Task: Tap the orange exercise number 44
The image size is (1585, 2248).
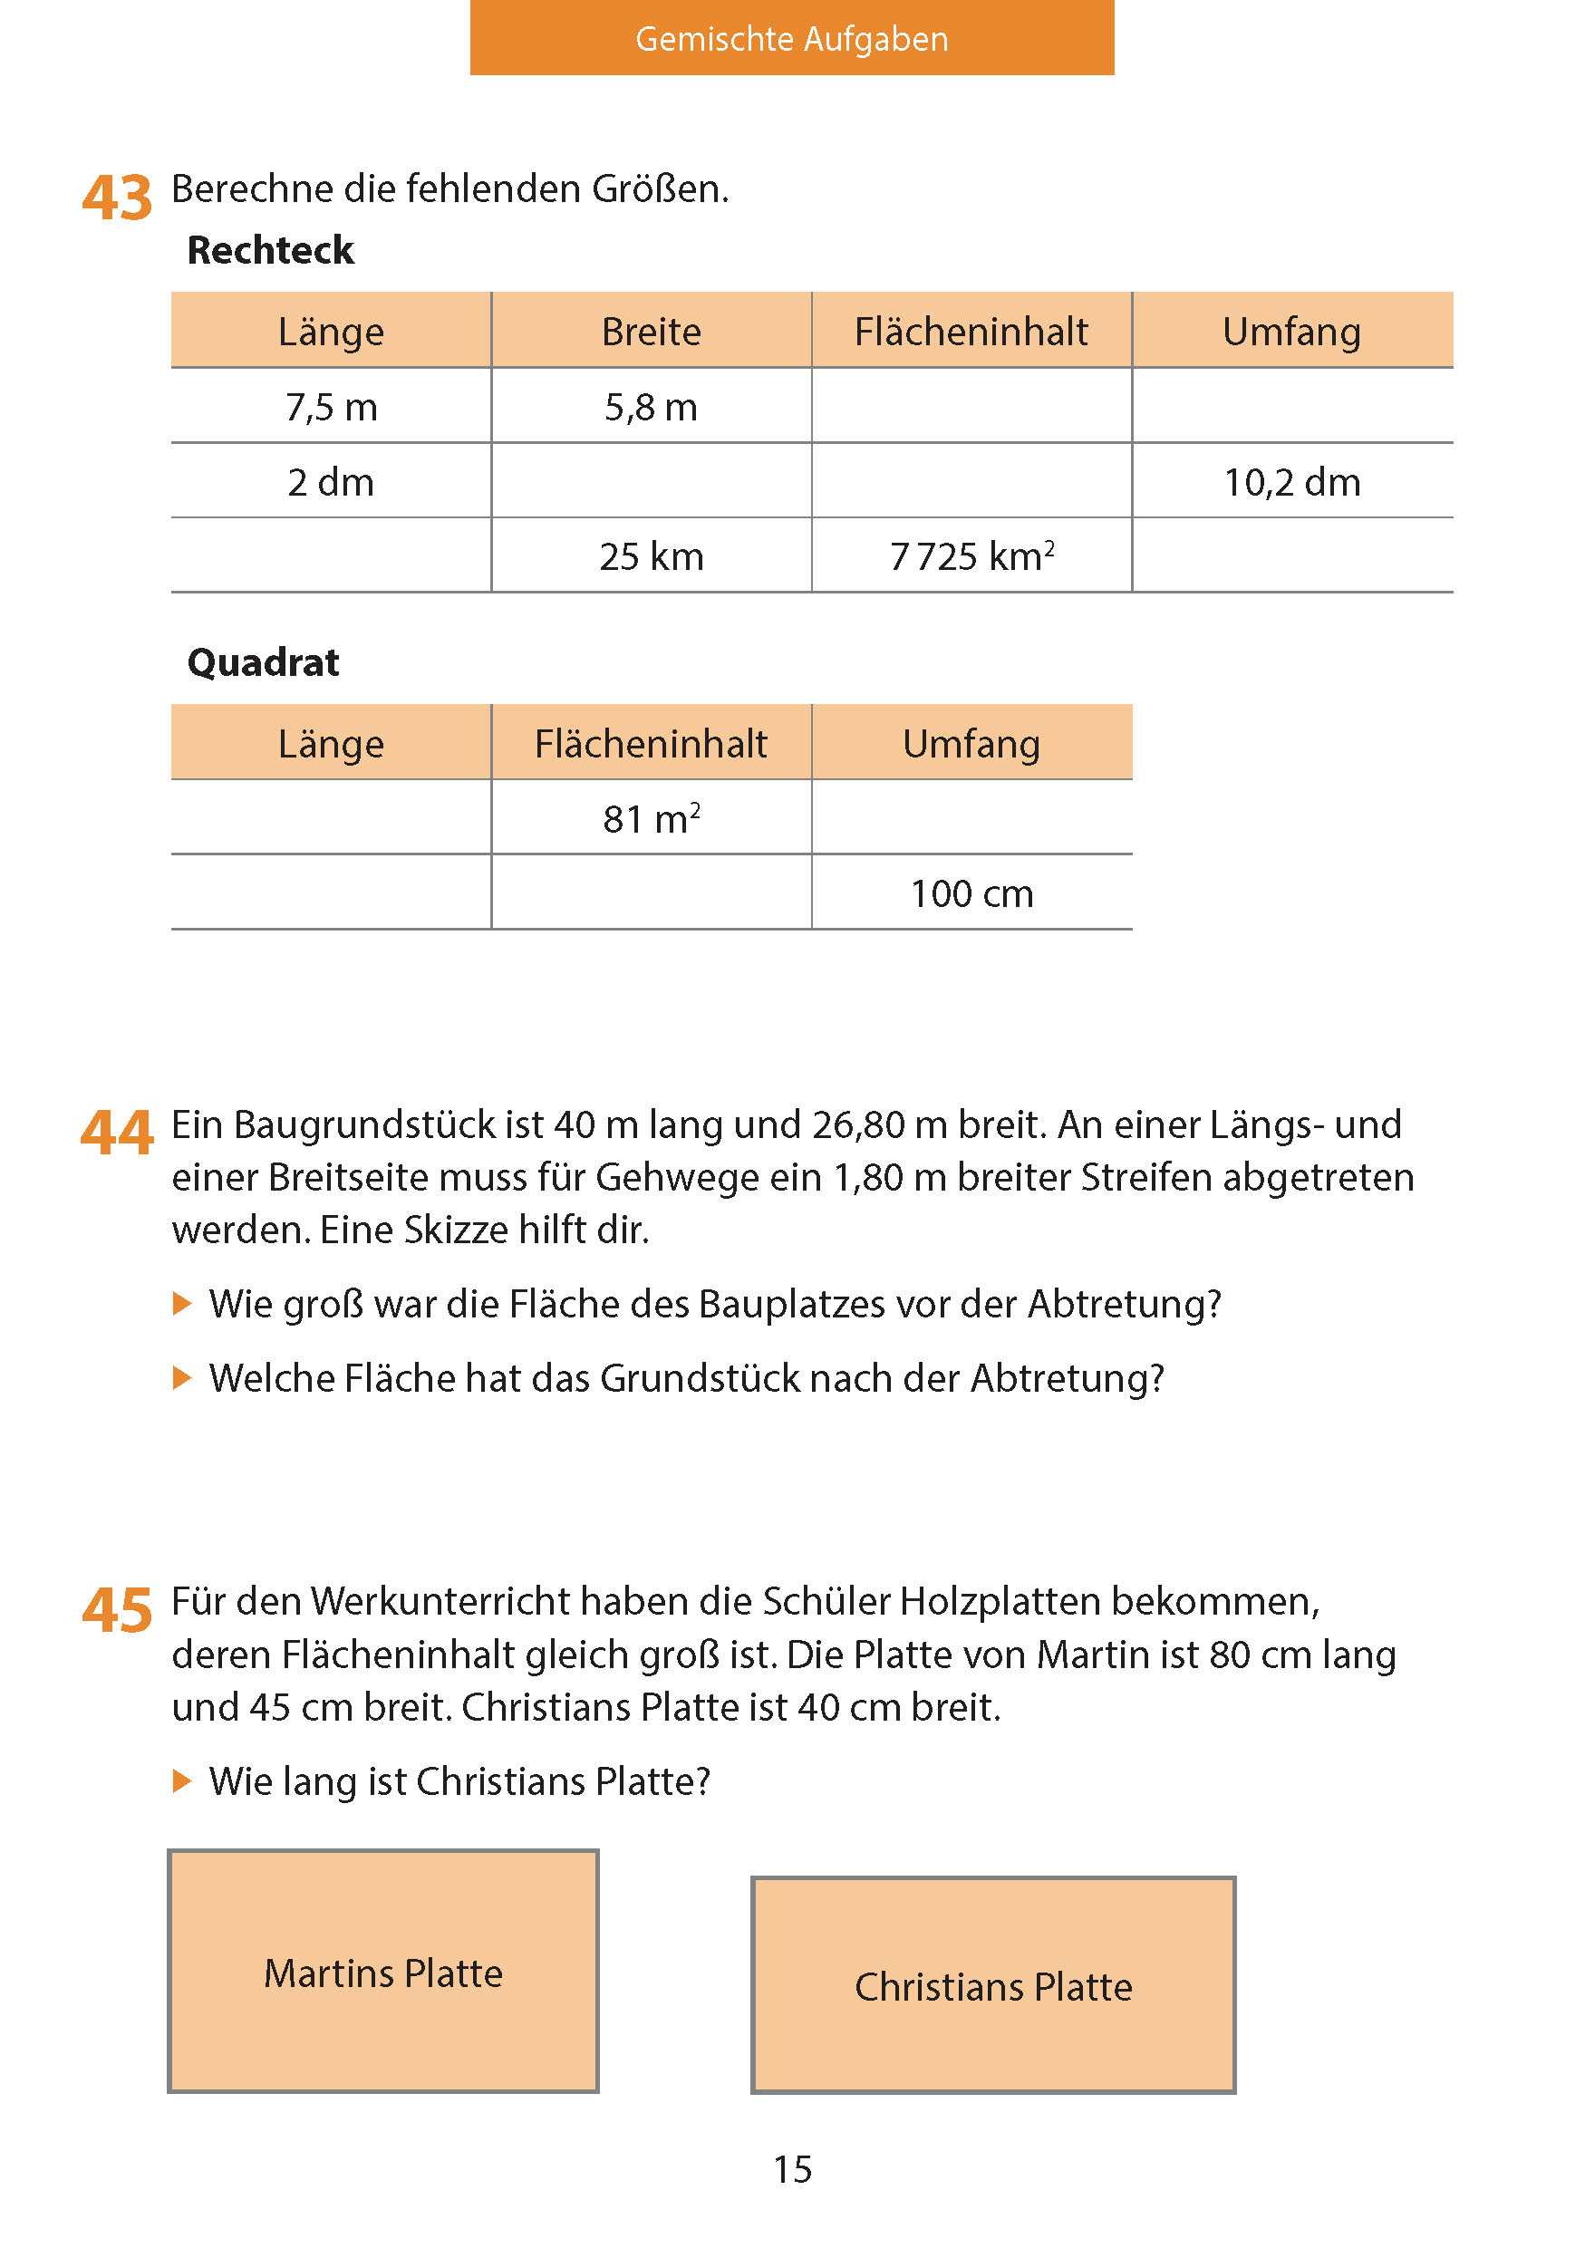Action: pos(117,1133)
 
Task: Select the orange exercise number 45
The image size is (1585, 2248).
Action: pos(117,1611)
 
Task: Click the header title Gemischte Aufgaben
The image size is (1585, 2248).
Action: pos(791,39)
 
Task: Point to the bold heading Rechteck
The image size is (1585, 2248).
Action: pos(270,251)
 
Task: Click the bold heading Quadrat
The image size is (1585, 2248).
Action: pos(263,663)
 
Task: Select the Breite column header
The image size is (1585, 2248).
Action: pos(651,332)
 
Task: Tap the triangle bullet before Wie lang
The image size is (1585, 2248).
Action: pos(182,1781)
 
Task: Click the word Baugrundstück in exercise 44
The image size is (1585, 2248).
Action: pos(365,1125)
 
